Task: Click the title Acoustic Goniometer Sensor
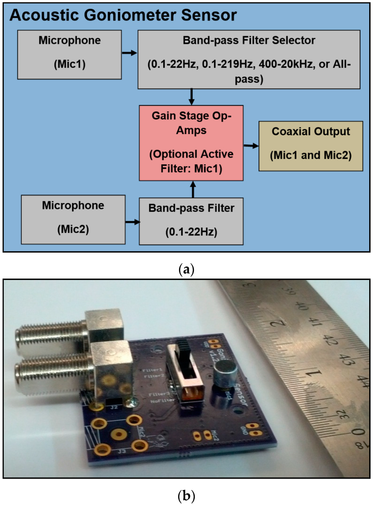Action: [x=123, y=15]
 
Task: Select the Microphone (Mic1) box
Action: [x=69, y=55]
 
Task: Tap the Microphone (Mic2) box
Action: [x=73, y=220]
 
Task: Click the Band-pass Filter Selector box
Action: [x=249, y=59]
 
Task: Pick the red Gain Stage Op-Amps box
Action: [x=191, y=143]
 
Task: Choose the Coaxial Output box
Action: [x=310, y=146]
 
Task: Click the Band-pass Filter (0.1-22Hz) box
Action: [x=191, y=221]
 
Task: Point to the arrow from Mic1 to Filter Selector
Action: [x=129, y=53]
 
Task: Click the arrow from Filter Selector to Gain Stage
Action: [x=191, y=97]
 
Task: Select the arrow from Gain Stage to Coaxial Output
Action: [x=251, y=146]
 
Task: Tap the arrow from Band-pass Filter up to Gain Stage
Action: [x=193, y=189]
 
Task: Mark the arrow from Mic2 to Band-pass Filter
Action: [x=132, y=222]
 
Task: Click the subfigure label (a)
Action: [x=187, y=270]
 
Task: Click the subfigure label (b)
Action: [x=187, y=496]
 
